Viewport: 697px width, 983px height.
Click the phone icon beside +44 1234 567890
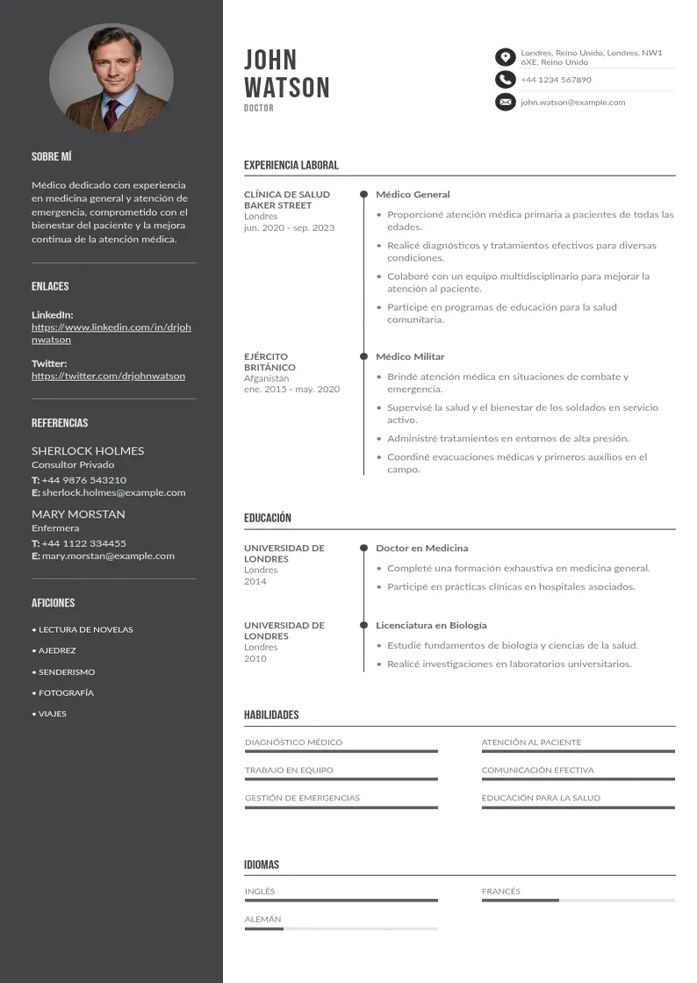coord(505,80)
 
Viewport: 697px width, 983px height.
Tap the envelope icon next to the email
coord(505,103)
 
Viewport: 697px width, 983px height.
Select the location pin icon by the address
coord(505,58)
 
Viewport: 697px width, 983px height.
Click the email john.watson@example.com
coord(572,103)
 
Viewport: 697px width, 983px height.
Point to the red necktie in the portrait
coord(111,112)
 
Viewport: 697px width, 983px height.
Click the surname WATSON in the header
coord(286,88)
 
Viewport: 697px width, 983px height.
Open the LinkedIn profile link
coord(111,334)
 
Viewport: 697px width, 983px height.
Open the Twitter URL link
coord(108,376)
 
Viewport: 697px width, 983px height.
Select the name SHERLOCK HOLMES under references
coord(88,451)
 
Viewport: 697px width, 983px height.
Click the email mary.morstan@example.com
coord(108,556)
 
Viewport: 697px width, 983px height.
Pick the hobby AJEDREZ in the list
coord(57,651)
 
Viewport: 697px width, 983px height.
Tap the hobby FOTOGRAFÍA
coord(66,693)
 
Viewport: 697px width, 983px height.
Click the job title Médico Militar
coord(410,357)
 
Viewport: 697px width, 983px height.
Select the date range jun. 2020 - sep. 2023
coord(289,228)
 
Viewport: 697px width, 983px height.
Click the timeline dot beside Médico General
coord(363,195)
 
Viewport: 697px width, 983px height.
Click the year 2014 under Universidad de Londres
coord(255,582)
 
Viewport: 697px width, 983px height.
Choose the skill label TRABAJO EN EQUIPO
coord(289,771)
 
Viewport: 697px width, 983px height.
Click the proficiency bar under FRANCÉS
coord(578,900)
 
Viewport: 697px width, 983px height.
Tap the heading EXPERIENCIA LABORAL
coord(291,165)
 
